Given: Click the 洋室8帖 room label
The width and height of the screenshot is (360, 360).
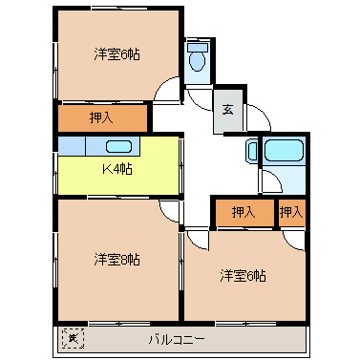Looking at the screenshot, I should tap(116, 259).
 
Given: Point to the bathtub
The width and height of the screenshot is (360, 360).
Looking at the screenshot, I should tap(282, 151).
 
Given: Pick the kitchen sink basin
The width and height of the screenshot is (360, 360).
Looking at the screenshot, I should tap(118, 147).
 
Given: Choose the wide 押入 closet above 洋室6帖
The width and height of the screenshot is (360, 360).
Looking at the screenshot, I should tap(243, 212).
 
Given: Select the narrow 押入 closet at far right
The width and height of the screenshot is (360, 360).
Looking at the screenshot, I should tap(290, 212).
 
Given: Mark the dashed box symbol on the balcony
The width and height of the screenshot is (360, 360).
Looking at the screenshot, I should tap(71, 338).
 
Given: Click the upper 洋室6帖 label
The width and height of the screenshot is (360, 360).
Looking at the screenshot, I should tap(116, 55).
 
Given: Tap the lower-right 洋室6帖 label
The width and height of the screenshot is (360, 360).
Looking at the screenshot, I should tap(243, 276).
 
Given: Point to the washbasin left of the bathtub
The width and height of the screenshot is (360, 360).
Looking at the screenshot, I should tap(252, 150).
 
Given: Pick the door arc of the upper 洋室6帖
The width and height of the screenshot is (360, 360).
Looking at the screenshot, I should tap(169, 94).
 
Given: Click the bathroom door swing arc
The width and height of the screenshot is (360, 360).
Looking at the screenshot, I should tap(270, 183).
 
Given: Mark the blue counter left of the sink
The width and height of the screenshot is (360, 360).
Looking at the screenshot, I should tap(72, 146).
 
